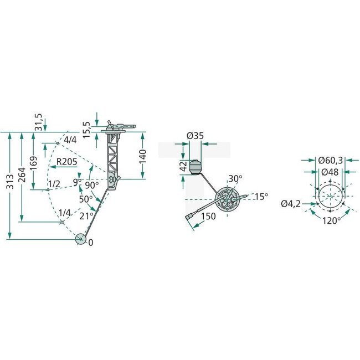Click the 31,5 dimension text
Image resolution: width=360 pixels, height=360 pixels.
pos(38,121)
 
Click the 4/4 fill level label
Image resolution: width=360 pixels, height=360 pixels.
pos(70,140)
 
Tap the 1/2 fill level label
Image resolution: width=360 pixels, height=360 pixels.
pos(54,184)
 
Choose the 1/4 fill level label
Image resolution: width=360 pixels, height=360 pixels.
pos(65,213)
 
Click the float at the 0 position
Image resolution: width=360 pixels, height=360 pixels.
pos(80,240)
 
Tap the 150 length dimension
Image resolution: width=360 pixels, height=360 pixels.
pos(209,217)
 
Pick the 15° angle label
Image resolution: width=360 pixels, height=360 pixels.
pos(261,196)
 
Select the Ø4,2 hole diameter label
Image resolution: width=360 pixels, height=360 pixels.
pos(290,204)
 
